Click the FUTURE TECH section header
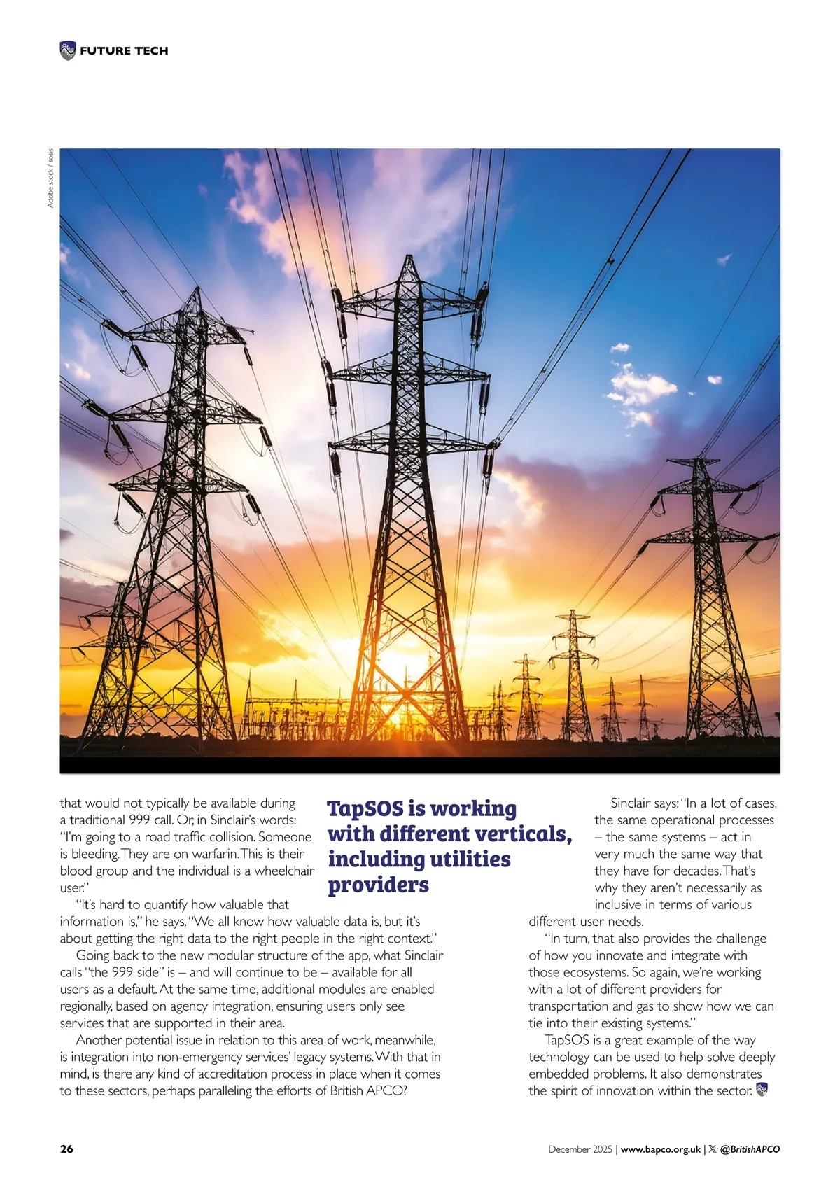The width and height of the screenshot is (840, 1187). (x=124, y=50)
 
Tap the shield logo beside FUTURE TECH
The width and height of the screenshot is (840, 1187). (x=67, y=50)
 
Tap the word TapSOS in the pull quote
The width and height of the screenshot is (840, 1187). (x=365, y=808)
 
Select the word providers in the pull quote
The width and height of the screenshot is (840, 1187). (x=378, y=885)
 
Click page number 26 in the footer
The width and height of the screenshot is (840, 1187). (x=66, y=1149)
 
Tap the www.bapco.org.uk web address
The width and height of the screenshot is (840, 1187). (x=661, y=1149)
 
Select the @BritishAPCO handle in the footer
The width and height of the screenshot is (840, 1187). (x=750, y=1149)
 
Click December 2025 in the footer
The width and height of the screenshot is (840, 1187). (x=580, y=1149)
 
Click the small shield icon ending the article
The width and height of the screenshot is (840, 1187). (x=762, y=1089)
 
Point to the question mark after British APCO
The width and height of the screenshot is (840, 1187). (x=403, y=1090)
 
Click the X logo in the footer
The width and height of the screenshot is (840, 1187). (x=713, y=1149)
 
